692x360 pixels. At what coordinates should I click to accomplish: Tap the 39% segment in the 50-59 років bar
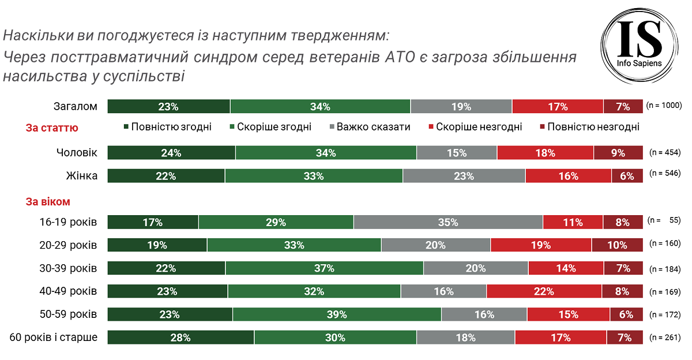337,314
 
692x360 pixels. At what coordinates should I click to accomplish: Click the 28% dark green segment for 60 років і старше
180,337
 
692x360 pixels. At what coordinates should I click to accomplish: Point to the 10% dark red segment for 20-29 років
616,245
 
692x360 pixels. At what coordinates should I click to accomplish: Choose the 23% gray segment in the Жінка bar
464,176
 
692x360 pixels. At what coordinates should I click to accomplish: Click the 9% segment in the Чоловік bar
618,153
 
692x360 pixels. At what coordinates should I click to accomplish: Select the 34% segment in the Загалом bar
320,107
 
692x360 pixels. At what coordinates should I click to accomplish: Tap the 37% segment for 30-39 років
324,268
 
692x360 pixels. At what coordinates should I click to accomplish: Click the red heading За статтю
52,128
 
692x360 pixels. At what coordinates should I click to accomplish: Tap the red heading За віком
48,202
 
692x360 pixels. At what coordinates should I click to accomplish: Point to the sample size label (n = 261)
665,337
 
